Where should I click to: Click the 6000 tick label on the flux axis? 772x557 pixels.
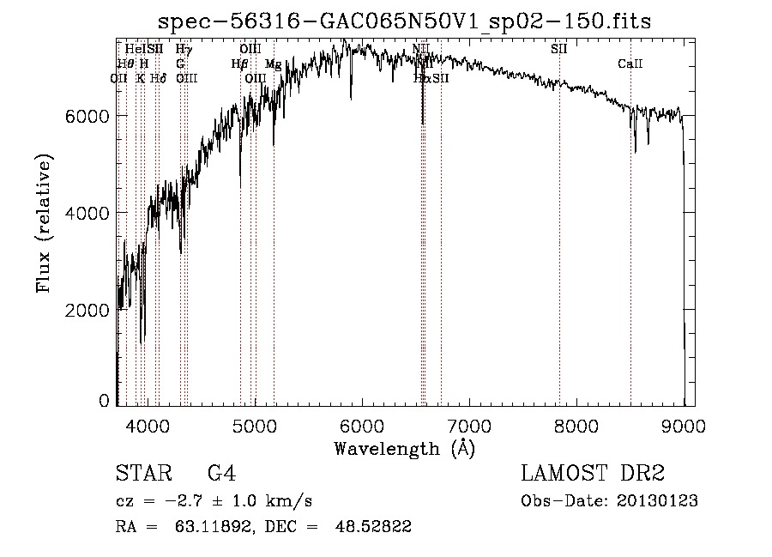(87, 116)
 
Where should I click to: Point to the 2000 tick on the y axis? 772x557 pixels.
(87, 310)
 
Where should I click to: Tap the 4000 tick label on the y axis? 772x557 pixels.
(87, 213)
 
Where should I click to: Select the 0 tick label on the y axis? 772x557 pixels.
(104, 401)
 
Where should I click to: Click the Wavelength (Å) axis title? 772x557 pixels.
(404, 448)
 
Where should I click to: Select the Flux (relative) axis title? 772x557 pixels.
(44, 223)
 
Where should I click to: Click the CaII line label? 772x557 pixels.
(630, 64)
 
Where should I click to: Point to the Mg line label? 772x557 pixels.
(273, 64)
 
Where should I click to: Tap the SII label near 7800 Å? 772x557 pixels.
(558, 49)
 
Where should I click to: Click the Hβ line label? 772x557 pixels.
(239, 64)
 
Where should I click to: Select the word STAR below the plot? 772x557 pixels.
(142, 474)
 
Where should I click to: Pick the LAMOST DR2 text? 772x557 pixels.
(593, 474)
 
